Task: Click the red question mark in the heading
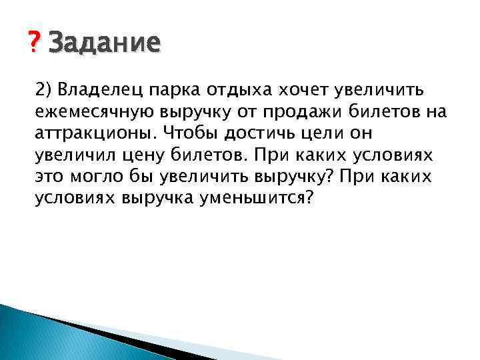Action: [x=34, y=44]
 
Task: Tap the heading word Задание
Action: [x=105, y=44]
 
